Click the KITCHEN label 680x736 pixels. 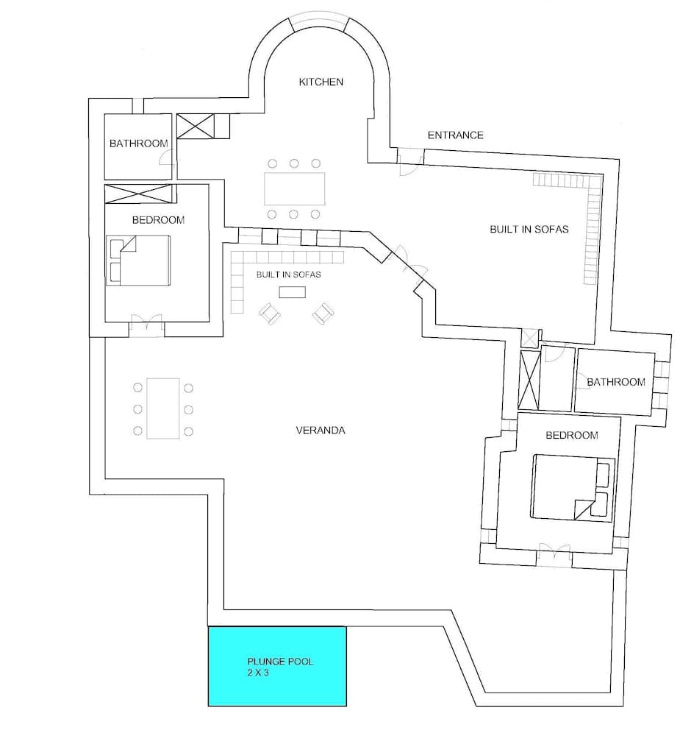click(x=321, y=82)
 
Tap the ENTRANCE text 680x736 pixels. click(x=456, y=135)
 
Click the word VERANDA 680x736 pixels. click(x=321, y=431)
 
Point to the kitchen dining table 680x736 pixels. click(x=294, y=189)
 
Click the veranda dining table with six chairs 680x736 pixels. click(x=163, y=408)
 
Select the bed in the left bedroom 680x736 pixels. click(x=140, y=261)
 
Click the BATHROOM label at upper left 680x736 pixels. click(x=138, y=144)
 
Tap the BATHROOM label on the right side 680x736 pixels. click(x=616, y=381)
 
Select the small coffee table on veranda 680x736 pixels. click(x=292, y=292)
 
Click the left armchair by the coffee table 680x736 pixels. click(x=270, y=314)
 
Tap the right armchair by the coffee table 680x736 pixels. click(x=321, y=314)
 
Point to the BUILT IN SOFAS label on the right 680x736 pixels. click(x=529, y=229)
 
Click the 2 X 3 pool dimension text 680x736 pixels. click(x=258, y=673)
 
